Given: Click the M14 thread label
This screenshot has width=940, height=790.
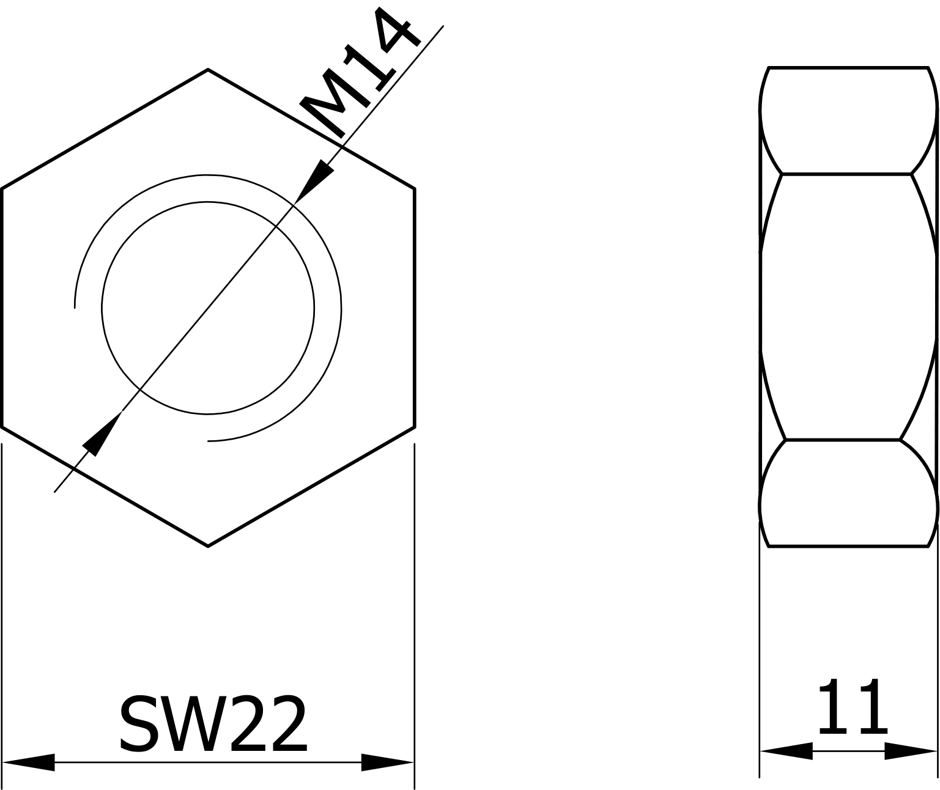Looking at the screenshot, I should coord(360,73).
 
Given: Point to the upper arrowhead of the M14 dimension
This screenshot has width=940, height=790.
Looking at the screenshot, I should coord(314,182).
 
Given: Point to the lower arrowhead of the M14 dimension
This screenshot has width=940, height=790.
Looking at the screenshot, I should coord(102,434).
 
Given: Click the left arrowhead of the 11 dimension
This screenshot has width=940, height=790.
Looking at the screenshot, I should coord(786,751).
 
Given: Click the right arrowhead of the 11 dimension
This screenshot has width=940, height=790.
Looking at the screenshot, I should coord(910,751).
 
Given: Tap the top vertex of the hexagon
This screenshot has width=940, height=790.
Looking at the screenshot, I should coord(208,70).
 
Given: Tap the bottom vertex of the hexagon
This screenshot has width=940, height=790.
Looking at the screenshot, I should coord(208,545).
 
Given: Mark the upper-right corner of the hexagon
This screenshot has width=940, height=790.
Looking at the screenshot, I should coord(415,188).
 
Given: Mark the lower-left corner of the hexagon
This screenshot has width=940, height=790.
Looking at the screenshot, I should coord(2,427).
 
